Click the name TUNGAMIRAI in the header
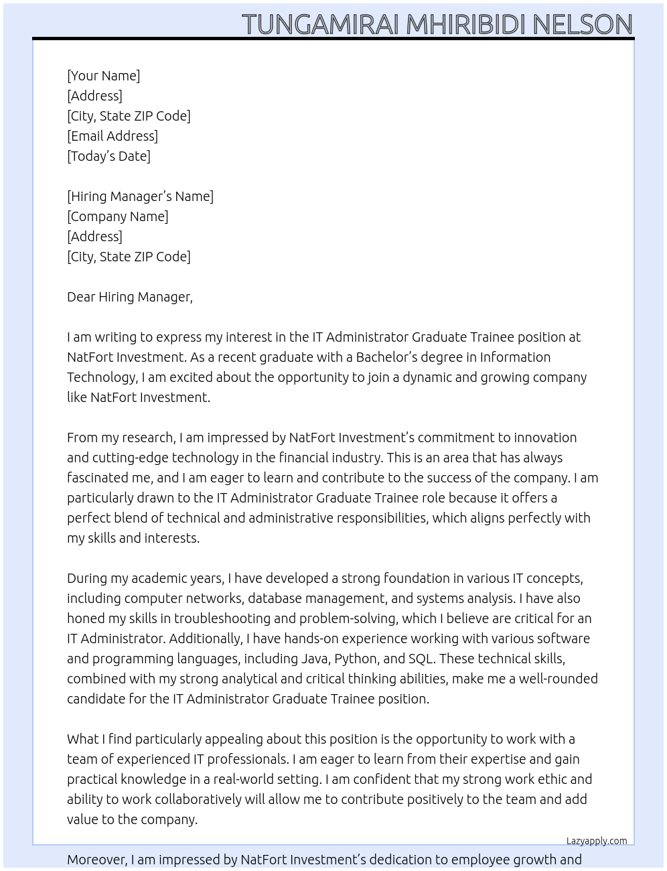point(321,25)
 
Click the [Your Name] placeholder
point(104,76)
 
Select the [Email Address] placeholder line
point(113,136)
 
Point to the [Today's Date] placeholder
point(108,156)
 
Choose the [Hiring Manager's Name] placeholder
point(140,196)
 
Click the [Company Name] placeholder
point(118,216)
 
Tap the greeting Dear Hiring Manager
point(129,297)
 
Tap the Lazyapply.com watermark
point(597,841)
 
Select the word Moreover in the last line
point(96,860)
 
